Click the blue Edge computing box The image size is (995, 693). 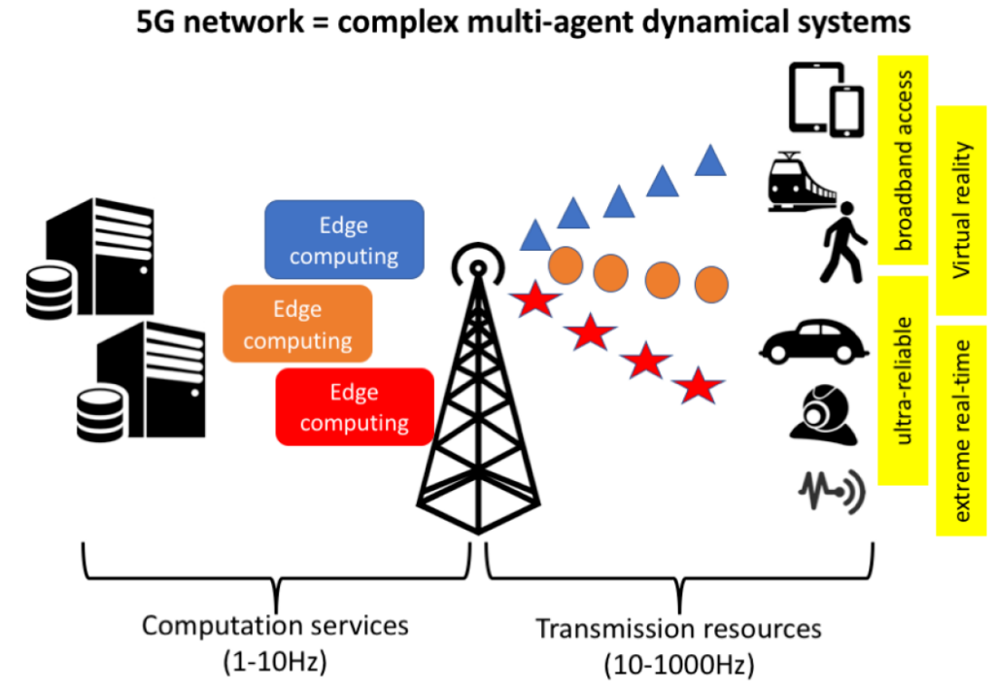344,240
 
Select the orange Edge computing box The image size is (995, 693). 297,325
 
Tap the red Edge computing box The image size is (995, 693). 355,407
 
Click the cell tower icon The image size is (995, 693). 476,389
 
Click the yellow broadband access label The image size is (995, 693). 904,160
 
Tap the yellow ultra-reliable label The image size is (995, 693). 904,380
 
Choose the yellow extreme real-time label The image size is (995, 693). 962,431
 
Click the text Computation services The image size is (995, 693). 276,624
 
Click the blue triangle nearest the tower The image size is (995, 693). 534,235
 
